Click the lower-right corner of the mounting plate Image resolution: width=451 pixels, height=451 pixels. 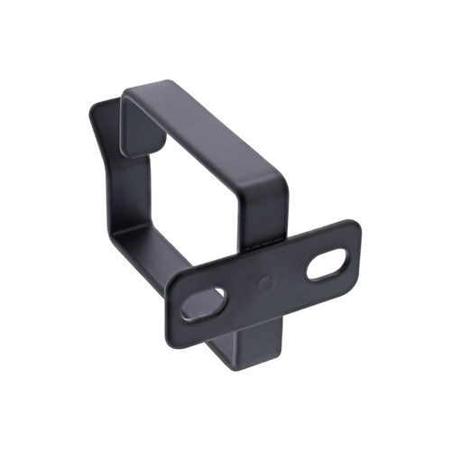point(354,286)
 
